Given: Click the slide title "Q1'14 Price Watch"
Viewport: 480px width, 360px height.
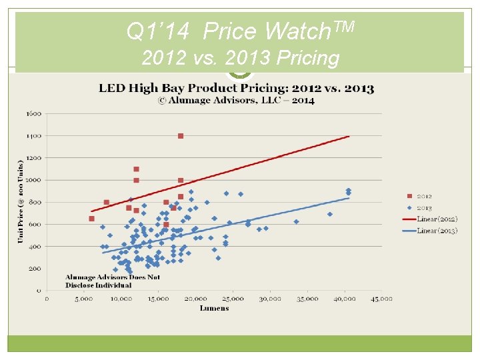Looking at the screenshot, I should coord(240,30).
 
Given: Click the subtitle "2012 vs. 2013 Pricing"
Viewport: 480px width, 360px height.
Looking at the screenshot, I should coord(240,58).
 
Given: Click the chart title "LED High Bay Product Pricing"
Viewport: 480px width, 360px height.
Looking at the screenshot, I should coord(237,88).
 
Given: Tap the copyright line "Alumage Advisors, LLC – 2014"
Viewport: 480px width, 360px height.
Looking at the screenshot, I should coord(237,100).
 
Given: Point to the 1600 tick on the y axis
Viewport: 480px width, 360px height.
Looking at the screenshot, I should coord(33,114).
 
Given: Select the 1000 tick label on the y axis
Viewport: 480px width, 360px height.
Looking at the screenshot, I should coord(33,180).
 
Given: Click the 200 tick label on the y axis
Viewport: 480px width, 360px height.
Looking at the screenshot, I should coord(35,269).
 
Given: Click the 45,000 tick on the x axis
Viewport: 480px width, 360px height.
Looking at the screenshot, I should coord(381,299).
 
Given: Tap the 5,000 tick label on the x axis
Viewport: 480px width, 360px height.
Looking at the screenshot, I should coord(83,299).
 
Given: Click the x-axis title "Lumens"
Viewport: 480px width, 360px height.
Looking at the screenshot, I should coord(214,308).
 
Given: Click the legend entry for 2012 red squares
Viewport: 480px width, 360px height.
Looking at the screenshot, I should coord(424,196).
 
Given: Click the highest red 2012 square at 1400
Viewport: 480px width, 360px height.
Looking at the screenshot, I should coord(181,136).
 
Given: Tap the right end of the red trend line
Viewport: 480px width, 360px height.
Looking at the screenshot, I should coord(349,137).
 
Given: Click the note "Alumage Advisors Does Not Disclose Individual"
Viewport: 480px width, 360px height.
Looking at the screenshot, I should coord(113,281).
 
